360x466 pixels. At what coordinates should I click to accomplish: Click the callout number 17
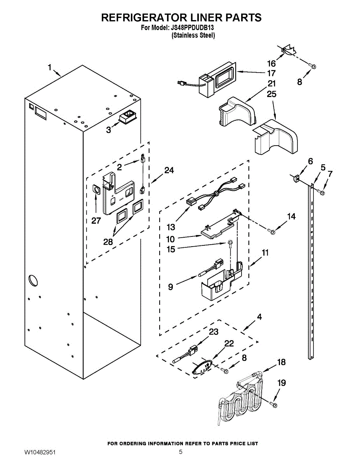click(x=271, y=73)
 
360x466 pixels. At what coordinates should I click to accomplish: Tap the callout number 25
click(x=271, y=94)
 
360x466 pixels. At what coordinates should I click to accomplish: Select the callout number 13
click(x=171, y=227)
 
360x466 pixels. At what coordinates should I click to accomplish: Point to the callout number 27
click(x=96, y=221)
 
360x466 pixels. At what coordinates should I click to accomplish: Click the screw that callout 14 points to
click(x=271, y=231)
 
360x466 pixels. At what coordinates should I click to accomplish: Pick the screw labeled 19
click(x=274, y=405)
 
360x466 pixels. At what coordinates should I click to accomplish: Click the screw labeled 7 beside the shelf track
click(x=321, y=192)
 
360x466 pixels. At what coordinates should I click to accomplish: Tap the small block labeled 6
click(x=296, y=178)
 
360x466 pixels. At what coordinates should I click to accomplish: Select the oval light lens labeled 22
click(x=202, y=369)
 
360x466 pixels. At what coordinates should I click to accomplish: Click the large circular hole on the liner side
click(x=33, y=280)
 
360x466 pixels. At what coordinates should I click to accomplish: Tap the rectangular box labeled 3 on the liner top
click(x=128, y=116)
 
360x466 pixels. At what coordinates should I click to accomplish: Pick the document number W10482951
click(x=40, y=452)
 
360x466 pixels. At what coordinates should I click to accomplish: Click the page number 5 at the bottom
click(x=181, y=452)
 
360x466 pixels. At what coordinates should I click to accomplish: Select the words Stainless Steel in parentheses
click(x=193, y=35)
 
